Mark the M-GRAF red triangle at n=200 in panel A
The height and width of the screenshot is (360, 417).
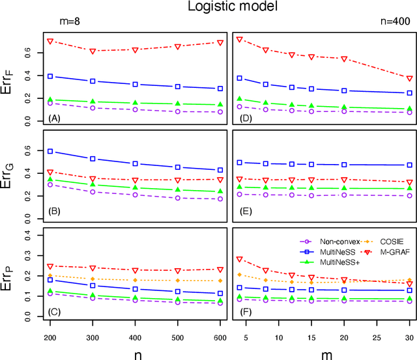(50, 41)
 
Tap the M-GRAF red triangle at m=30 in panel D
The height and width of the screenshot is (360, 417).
(409, 78)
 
